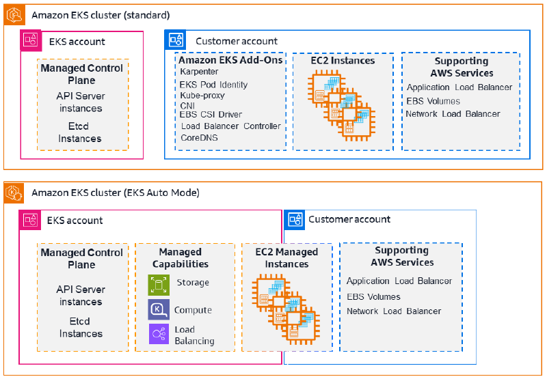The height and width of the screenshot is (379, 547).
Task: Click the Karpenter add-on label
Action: click(199, 72)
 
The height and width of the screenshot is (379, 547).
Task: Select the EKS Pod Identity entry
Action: click(213, 85)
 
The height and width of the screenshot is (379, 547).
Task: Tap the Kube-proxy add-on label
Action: click(202, 96)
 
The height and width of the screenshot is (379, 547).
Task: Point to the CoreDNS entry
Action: click(199, 137)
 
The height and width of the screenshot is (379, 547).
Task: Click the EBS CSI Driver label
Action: click(211, 114)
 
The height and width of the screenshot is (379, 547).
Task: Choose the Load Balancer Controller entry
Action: click(231, 126)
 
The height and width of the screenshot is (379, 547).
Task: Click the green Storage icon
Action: click(159, 285)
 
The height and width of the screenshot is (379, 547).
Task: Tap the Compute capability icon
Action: click(159, 309)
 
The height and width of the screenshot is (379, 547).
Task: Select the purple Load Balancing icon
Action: click(159, 334)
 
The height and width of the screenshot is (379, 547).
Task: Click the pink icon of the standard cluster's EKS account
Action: click(31, 40)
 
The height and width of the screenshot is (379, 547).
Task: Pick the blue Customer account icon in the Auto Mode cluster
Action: click(295, 220)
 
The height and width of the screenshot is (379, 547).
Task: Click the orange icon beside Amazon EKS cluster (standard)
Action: click(14, 15)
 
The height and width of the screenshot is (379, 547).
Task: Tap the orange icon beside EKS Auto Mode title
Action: click(14, 193)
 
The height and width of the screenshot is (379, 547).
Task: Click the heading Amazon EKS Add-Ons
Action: click(230, 60)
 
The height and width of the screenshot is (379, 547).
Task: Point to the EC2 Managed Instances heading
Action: click(286, 257)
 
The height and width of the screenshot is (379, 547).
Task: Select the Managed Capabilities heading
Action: click(181, 257)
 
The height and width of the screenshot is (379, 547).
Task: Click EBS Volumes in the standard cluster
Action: click(433, 101)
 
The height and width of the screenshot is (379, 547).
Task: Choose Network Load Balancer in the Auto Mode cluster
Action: click(394, 311)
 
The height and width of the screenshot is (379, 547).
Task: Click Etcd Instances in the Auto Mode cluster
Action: click(81, 328)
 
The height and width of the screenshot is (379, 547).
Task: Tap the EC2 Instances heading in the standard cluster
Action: click(343, 61)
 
